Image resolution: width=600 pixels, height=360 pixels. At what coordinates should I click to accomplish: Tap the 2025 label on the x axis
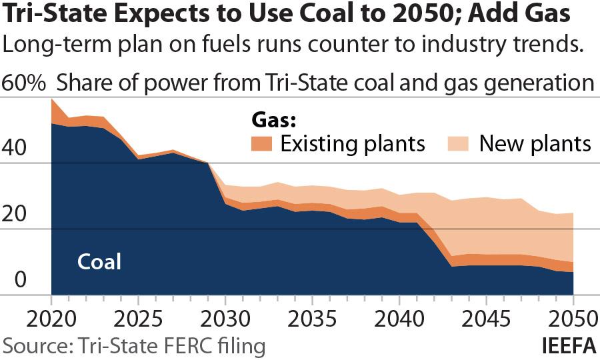tap(138, 315)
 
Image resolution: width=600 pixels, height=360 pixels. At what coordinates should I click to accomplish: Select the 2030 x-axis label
tap(225, 315)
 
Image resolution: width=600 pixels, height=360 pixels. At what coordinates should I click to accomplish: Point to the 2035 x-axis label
tap(311, 315)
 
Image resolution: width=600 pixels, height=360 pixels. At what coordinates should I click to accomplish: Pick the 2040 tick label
tap(398, 315)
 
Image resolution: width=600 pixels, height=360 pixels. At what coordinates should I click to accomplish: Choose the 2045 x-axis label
tap(485, 315)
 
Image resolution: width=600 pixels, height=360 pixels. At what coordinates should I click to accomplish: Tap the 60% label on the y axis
tap(25, 83)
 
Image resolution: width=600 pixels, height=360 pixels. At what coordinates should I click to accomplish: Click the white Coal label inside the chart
tap(99, 261)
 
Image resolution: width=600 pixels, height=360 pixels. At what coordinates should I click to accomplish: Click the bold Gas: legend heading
tap(273, 120)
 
